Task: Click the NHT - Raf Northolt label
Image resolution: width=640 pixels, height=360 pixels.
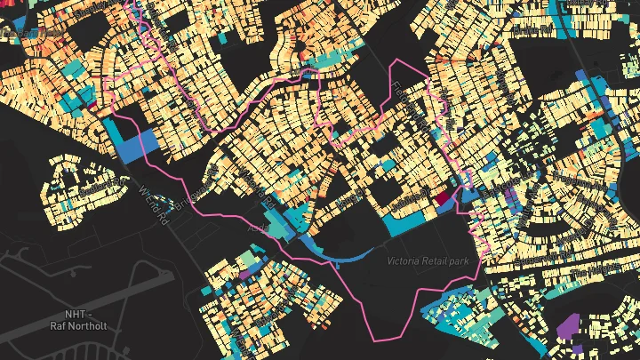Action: coord(79,320)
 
